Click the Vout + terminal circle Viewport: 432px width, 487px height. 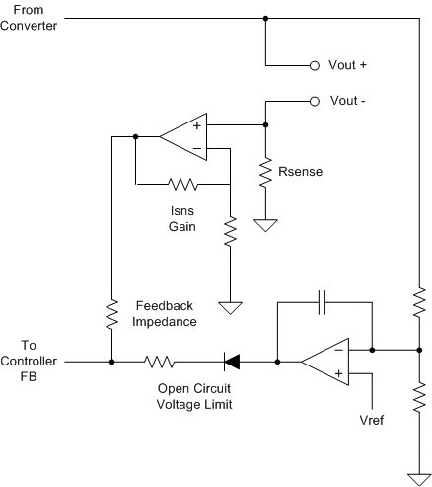click(315, 66)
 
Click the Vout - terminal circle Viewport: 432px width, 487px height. click(315, 102)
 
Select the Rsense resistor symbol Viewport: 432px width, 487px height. click(265, 173)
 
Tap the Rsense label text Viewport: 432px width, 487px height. click(300, 172)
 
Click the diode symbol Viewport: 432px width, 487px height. click(232, 362)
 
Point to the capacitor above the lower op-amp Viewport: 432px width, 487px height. click(323, 302)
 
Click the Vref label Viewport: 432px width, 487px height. click(372, 420)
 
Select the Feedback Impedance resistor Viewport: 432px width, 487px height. click(111, 314)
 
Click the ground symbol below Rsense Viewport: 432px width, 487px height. click(265, 225)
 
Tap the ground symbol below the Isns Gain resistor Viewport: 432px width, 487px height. click(230, 308)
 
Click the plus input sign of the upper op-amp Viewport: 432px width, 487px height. click(197, 125)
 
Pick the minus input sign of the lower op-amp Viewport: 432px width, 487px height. click(338, 350)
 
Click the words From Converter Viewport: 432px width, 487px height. click(29, 18)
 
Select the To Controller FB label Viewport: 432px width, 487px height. click(29, 361)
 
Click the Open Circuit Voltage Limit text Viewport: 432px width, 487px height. click(194, 396)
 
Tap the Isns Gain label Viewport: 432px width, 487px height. click(182, 219)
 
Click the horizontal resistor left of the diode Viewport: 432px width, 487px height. click(159, 362)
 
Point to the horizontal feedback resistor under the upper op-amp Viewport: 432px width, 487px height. click(182, 184)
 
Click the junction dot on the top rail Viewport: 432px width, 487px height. click(265, 19)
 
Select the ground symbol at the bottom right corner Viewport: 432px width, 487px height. click(419, 480)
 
